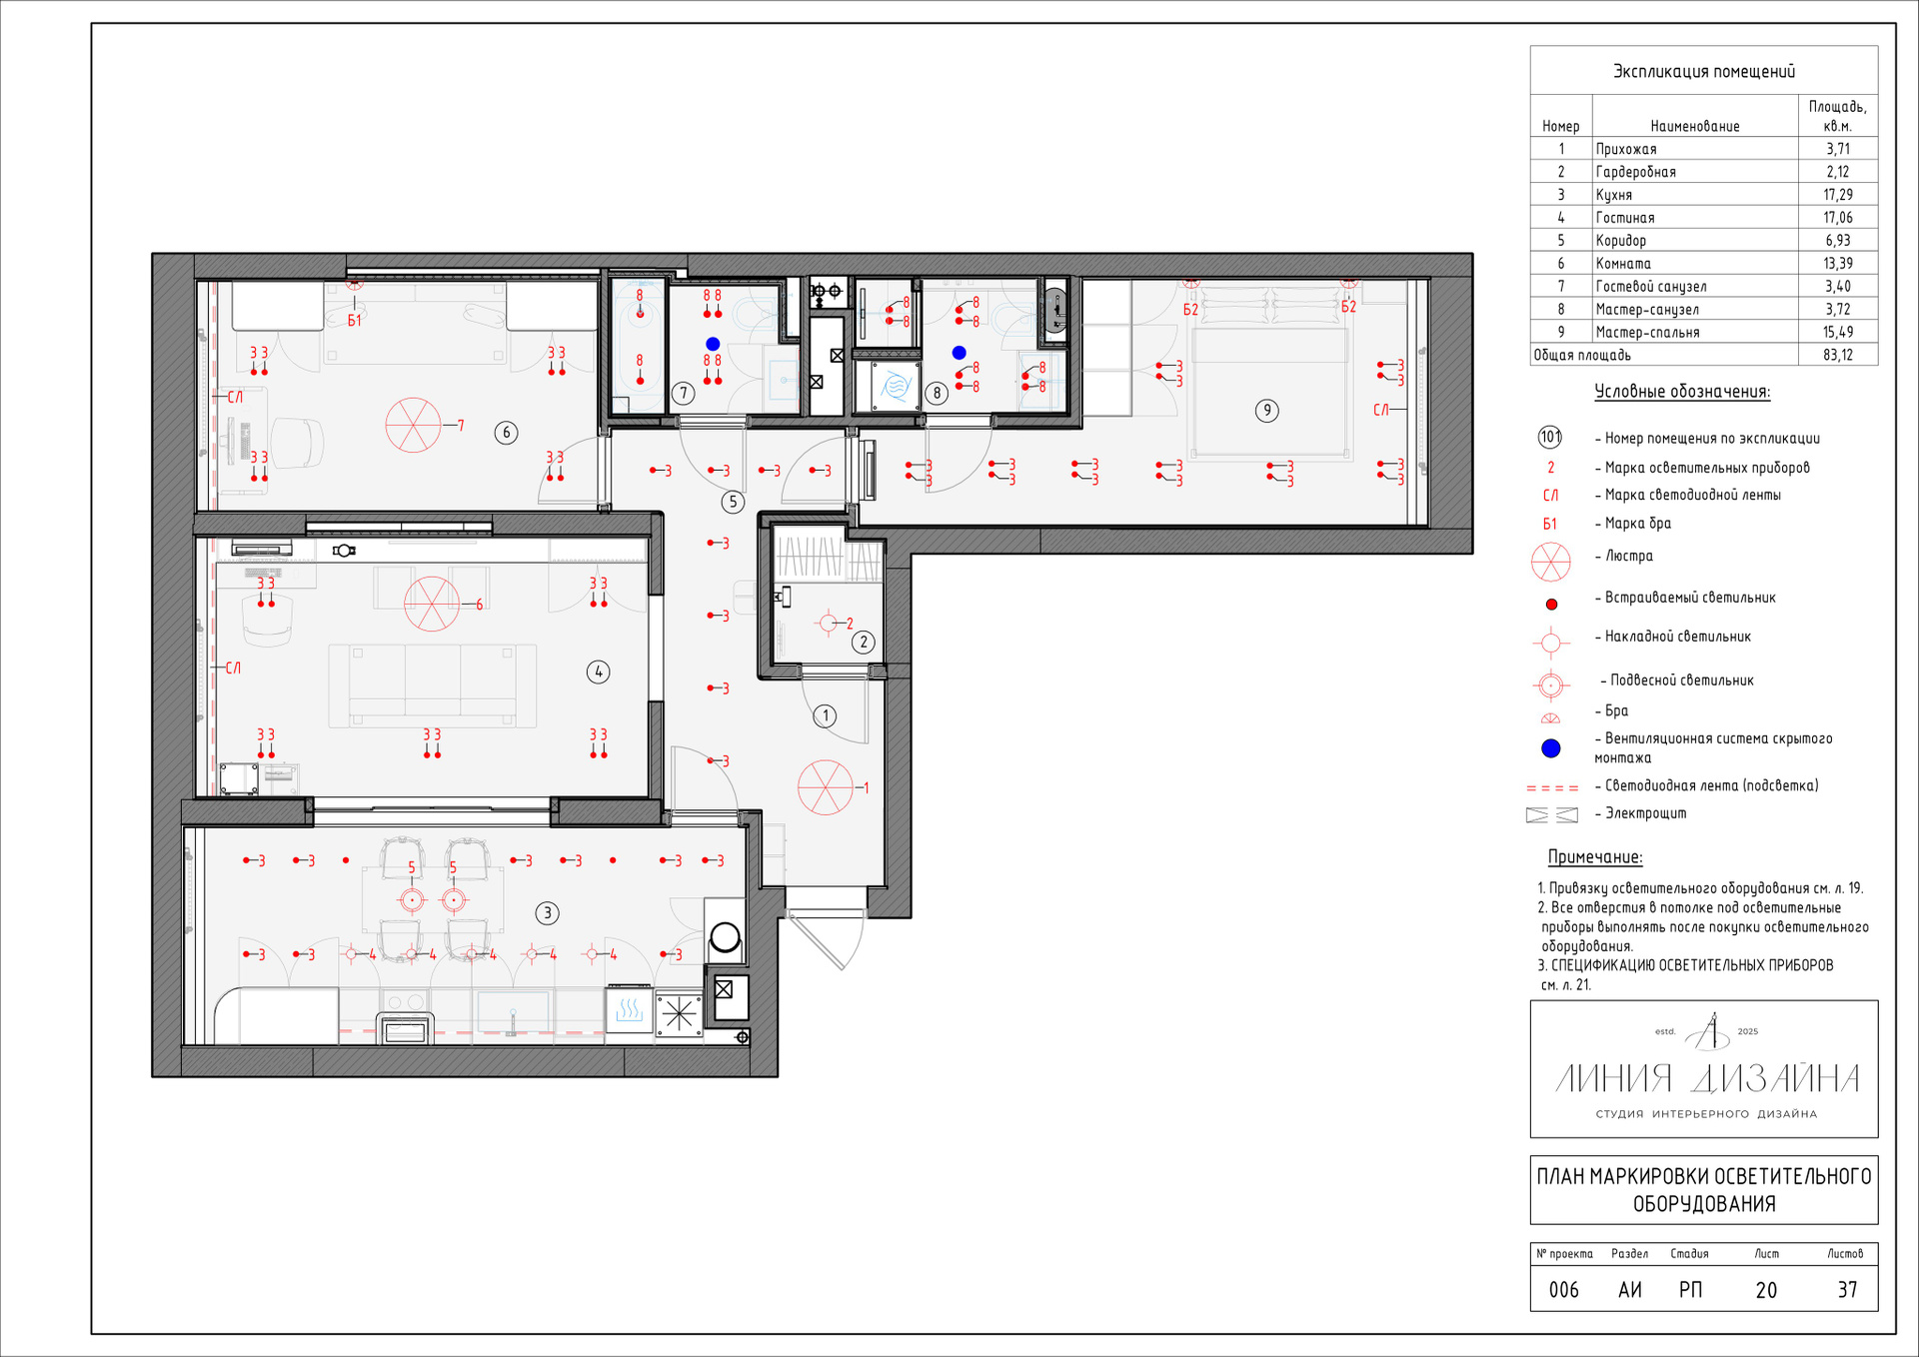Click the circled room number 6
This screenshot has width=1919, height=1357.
(x=506, y=433)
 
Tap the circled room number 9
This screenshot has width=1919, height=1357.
(x=1266, y=411)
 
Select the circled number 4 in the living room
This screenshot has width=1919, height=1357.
(x=598, y=672)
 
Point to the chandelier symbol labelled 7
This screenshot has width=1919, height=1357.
(x=413, y=425)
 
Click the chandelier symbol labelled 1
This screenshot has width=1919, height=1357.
(x=826, y=787)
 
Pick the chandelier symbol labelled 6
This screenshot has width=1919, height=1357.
(x=432, y=604)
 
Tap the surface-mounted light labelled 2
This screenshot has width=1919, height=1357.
(x=829, y=624)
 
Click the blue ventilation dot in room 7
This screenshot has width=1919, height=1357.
(x=713, y=344)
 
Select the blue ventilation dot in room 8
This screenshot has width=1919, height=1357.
(x=959, y=353)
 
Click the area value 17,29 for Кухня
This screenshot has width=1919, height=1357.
(x=1837, y=195)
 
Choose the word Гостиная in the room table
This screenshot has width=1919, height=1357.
(x=1625, y=218)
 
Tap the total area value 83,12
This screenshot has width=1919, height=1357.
(x=1837, y=355)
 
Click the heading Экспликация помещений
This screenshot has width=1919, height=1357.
(x=1704, y=71)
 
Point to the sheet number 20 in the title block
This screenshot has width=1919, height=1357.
(x=1766, y=1290)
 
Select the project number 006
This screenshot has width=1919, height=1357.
(x=1563, y=1290)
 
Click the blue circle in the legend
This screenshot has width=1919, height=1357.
(x=1550, y=747)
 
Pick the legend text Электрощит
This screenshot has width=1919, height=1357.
(x=1645, y=813)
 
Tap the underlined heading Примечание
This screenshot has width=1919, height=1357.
(x=1595, y=857)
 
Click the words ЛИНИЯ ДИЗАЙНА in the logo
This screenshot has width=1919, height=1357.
(x=1707, y=1078)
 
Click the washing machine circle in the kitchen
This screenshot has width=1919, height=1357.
(x=725, y=937)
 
